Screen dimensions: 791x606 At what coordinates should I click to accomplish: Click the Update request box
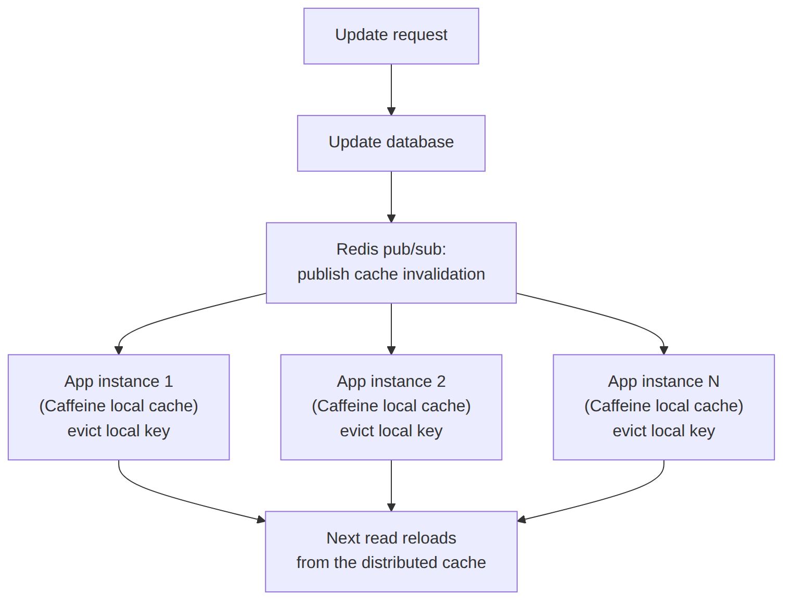391,36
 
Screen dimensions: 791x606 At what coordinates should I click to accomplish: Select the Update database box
391,143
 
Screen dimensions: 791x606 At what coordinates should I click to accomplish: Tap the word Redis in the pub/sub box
352,249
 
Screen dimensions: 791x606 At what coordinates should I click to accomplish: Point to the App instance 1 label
119,381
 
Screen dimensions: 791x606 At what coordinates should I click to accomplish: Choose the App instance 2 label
391,381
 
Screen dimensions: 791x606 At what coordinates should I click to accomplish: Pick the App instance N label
664,381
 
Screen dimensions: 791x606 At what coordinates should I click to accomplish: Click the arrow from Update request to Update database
391,90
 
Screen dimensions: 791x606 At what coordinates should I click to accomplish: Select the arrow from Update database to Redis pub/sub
391,197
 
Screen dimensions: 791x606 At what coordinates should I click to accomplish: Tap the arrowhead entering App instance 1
119,350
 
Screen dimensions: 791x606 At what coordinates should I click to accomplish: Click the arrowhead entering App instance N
664,350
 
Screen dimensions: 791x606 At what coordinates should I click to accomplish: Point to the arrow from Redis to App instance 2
391,329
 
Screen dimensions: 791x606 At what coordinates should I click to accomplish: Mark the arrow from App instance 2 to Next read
391,485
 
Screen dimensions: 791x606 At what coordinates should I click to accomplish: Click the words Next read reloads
391,538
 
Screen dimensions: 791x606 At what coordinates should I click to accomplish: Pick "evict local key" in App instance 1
119,431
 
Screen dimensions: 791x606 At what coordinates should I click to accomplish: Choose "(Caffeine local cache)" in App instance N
664,406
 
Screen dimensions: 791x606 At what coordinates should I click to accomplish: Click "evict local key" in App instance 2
391,431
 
